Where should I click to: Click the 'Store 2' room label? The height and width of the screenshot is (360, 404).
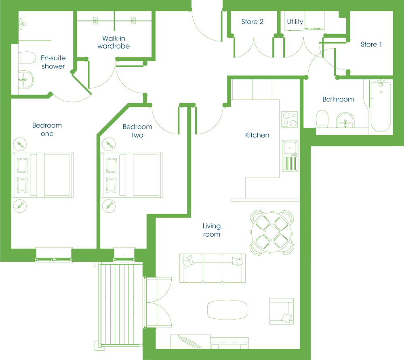point(252,22)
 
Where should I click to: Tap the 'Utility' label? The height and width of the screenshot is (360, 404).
point(295,22)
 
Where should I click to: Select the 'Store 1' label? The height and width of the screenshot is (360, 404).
point(371,44)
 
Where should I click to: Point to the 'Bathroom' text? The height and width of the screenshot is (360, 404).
point(338,99)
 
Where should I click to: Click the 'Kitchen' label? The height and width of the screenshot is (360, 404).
point(257,135)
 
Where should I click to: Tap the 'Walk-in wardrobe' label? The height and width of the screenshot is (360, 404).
point(114,42)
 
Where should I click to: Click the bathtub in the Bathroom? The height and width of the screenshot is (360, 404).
point(381,106)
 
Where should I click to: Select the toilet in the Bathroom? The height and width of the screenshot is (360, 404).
point(322,119)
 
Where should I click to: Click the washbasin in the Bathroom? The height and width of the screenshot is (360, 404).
point(345,120)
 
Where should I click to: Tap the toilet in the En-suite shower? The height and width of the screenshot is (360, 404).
point(27,58)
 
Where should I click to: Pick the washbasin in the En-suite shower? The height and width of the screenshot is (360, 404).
point(26,80)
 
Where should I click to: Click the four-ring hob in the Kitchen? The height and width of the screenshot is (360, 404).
point(289,119)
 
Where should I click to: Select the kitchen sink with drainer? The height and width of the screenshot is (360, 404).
point(290,156)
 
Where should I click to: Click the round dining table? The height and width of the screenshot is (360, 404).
point(271,232)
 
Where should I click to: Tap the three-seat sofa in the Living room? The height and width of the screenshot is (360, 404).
point(213,268)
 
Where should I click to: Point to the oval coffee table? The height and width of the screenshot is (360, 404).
point(227,310)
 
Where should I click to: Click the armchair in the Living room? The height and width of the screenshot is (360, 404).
point(282,311)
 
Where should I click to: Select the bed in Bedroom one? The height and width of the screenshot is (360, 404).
point(43,175)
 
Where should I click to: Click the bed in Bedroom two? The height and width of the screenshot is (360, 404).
point(132,175)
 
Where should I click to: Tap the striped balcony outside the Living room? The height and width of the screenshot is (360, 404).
point(120,304)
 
